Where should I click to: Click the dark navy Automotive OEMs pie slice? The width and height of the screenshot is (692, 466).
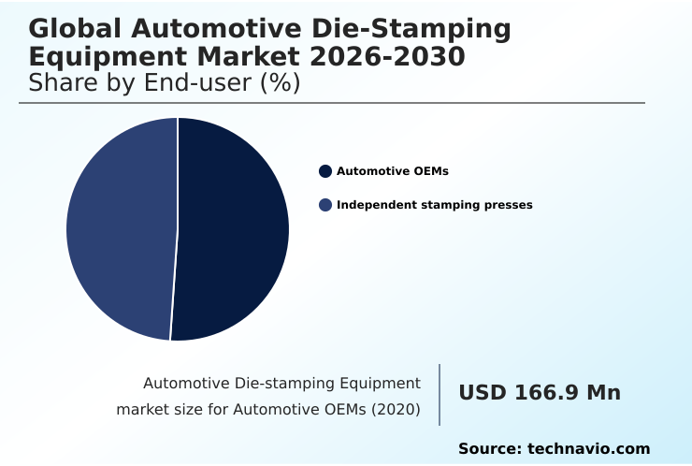[x=234, y=229]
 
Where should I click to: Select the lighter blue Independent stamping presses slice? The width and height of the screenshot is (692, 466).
[x=120, y=229]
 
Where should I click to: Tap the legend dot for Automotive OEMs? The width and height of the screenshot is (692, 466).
[x=325, y=171]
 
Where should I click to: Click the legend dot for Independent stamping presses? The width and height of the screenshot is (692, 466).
[x=325, y=205]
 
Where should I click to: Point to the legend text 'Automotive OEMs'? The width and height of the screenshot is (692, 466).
[x=393, y=171]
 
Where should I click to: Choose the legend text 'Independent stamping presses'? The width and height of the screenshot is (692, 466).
[x=434, y=205]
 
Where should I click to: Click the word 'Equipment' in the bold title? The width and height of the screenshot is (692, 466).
[x=101, y=57]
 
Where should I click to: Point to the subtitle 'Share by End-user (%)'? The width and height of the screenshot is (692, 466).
[x=164, y=83]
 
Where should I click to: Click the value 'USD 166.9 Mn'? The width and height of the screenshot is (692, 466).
[x=539, y=393]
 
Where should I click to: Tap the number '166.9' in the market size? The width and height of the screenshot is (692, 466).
[x=543, y=393]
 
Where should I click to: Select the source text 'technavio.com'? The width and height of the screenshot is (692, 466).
[x=588, y=449]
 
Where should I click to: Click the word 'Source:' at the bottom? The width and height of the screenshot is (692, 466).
[x=489, y=449]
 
